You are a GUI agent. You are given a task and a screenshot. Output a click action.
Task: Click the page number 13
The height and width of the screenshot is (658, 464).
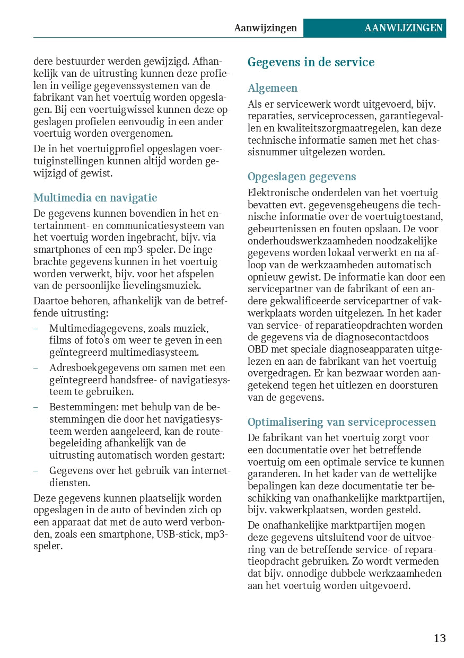point(440,638)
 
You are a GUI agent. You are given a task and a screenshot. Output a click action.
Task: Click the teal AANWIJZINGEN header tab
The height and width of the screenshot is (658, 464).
point(403,28)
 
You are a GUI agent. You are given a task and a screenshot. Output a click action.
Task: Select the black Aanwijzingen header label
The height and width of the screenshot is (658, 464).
point(265,28)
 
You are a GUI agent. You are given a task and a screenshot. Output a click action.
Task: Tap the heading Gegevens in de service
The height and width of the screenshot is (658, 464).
point(311,63)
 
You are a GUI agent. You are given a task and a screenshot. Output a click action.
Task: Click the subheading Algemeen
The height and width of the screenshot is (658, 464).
point(273,88)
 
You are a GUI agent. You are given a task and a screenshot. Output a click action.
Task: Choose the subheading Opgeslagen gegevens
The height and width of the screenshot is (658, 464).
point(302,177)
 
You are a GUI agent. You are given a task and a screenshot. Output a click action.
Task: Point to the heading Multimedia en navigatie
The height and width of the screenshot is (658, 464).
point(95,198)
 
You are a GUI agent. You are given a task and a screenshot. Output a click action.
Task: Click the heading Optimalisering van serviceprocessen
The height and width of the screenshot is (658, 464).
point(342,422)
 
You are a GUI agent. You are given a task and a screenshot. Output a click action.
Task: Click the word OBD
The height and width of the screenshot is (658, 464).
point(258,349)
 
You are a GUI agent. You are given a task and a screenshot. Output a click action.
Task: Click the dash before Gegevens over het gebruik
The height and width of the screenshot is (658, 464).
point(36,471)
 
